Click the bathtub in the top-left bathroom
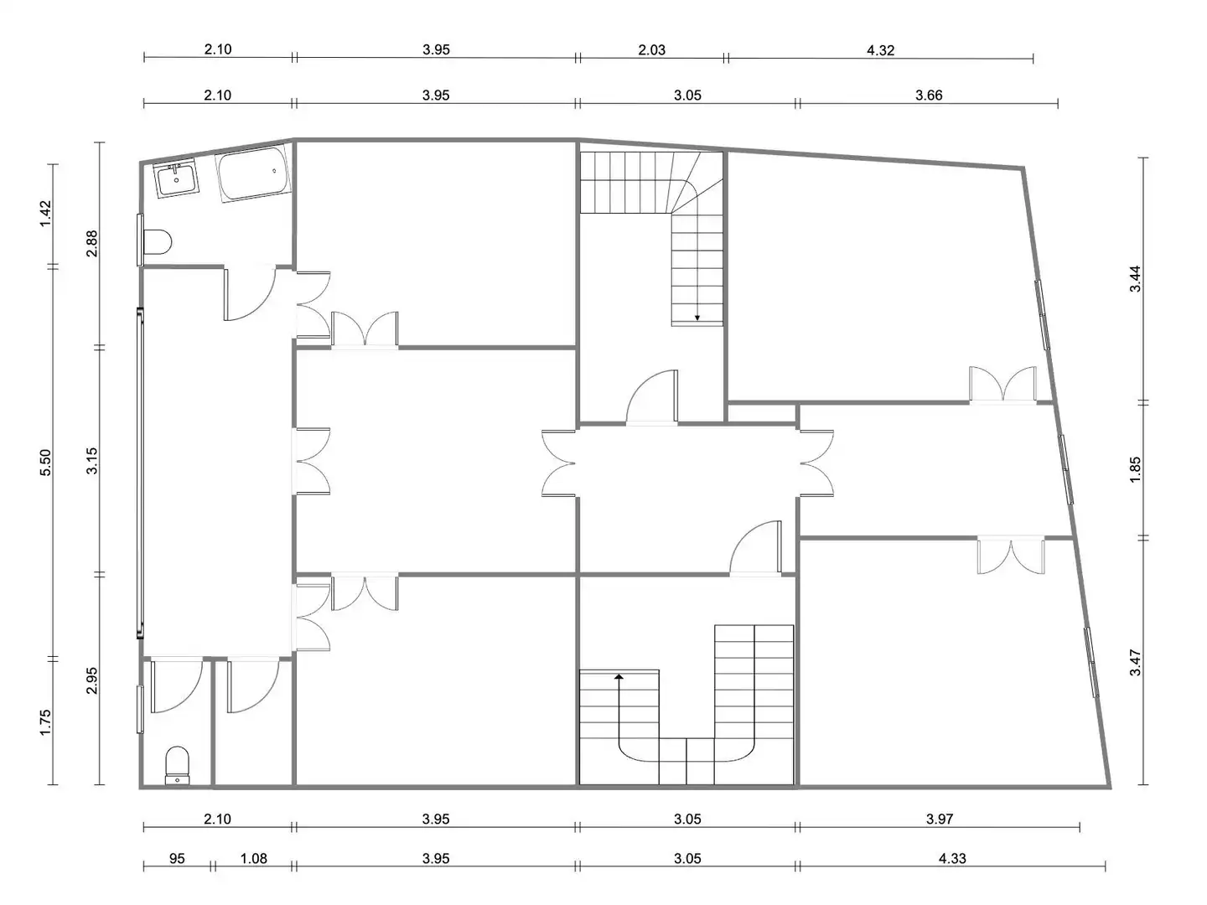pos(253,173)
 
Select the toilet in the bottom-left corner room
pos(177,765)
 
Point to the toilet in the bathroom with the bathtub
pos(158,242)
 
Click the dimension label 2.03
pos(651,50)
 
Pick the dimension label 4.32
pos(880,50)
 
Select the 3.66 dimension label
pos(929,95)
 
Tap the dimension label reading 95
pos(177,858)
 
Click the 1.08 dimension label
pos(253,858)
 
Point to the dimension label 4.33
pos(952,858)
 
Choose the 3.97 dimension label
pos(940,819)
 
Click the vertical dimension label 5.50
pos(45,463)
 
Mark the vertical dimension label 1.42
pos(45,213)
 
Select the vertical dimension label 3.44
pos(1135,278)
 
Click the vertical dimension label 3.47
pos(1135,663)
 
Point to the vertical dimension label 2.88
pos(92,243)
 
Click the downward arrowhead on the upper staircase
pos(697,318)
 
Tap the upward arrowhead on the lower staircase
pos(619,677)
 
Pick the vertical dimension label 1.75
pos(45,722)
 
